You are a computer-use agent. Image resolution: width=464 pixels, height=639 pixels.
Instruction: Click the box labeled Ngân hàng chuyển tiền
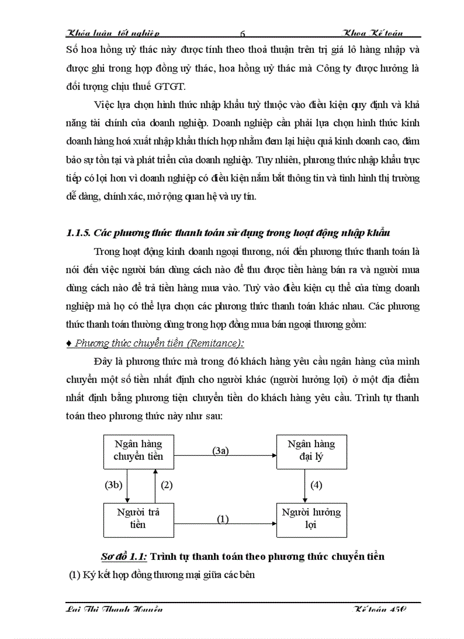(138, 450)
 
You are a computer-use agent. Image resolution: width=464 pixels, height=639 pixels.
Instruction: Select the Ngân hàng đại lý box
(311, 450)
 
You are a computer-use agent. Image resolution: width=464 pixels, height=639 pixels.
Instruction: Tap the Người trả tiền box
(138, 518)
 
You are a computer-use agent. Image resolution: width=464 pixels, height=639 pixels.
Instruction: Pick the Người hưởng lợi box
(311, 518)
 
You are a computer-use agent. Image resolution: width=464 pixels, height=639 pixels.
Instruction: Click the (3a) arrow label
(221, 451)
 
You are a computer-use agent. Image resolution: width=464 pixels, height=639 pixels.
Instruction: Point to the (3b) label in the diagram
(114, 485)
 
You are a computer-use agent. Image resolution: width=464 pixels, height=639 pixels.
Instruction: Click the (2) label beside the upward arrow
(166, 485)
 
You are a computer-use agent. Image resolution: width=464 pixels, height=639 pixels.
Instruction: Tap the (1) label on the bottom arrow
(223, 519)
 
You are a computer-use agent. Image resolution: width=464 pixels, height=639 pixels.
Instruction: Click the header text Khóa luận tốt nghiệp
(113, 34)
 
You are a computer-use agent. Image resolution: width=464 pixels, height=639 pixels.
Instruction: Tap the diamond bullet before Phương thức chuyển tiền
(69, 343)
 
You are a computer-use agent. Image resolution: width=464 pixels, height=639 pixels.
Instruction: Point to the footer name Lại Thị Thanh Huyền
(114, 609)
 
